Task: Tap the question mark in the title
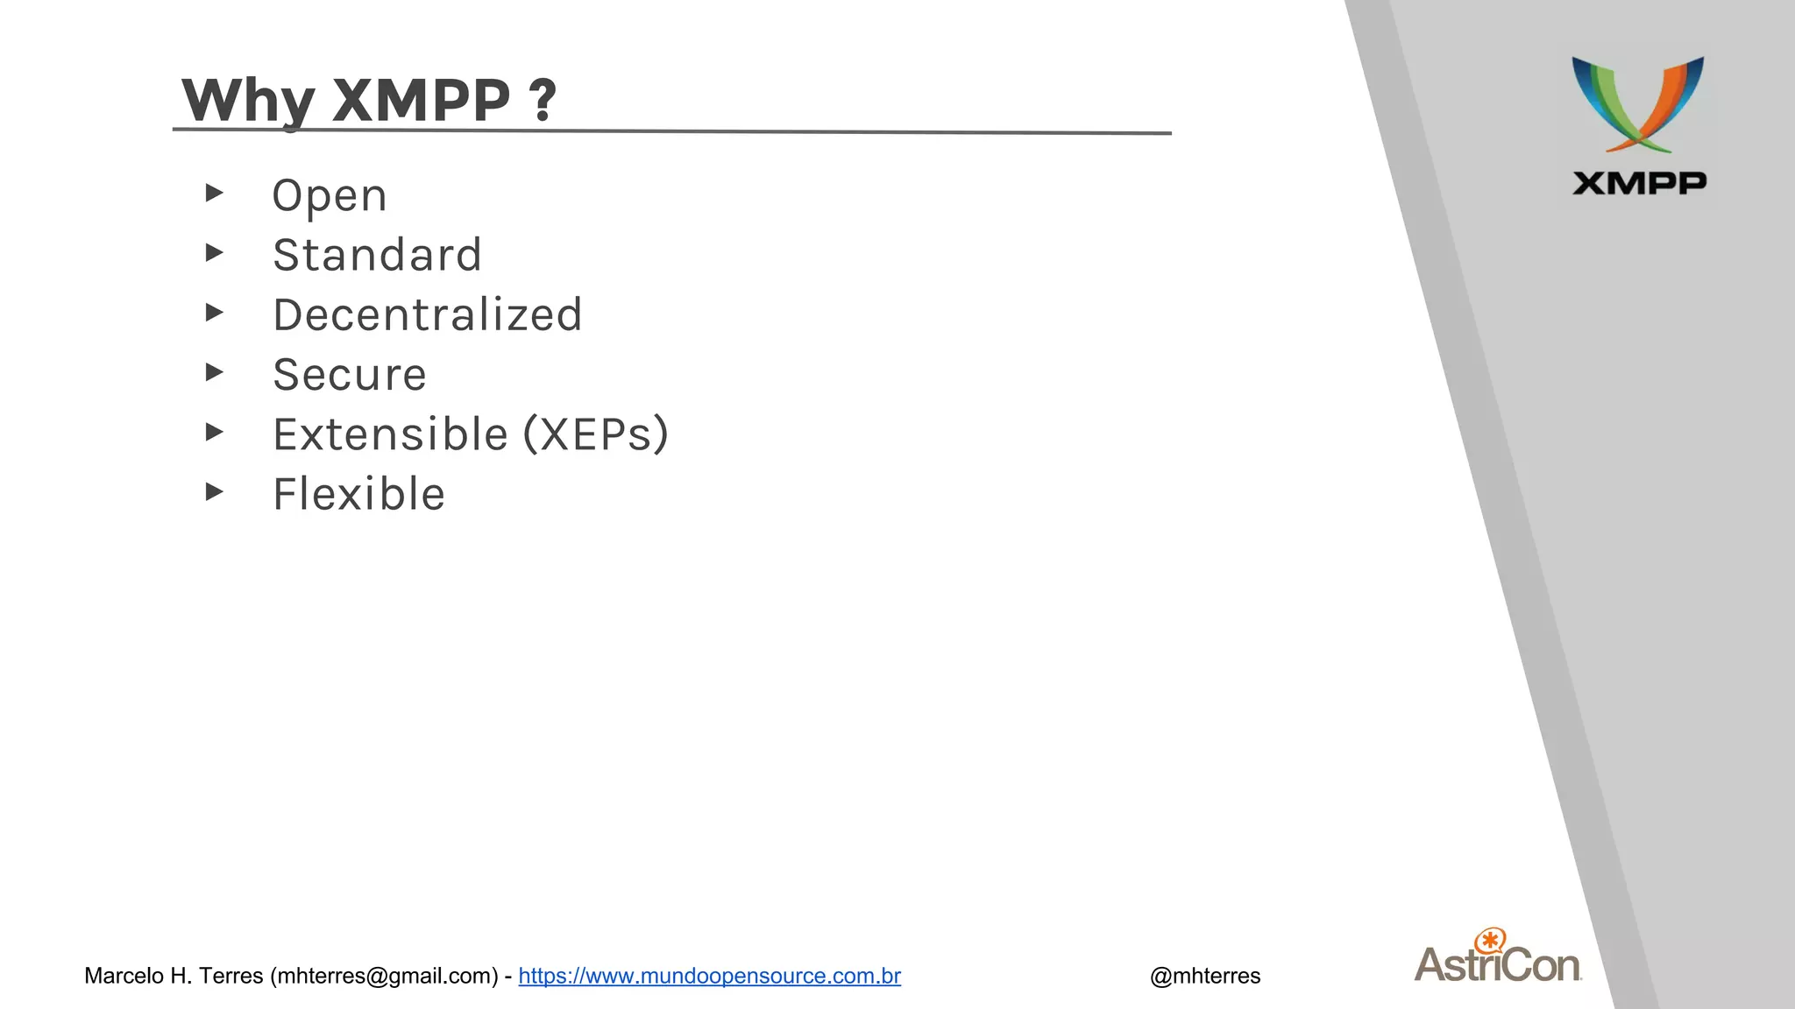[x=543, y=101]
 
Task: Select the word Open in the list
[x=330, y=196]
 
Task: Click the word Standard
[x=377, y=256]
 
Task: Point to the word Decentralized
[x=428, y=315]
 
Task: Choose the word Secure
[x=350, y=375]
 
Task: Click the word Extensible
[x=390, y=434]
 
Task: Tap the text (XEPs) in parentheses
[x=596, y=434]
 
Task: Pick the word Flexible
[x=359, y=494]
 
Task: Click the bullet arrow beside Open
[x=214, y=193]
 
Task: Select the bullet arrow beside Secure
[x=214, y=372]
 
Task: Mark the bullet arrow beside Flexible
[x=214, y=492]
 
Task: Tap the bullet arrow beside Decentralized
[x=214, y=313]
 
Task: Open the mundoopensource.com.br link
[x=709, y=976]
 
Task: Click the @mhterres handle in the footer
[x=1205, y=976]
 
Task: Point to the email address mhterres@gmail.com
[x=384, y=976]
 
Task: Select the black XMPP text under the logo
[x=1639, y=183]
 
